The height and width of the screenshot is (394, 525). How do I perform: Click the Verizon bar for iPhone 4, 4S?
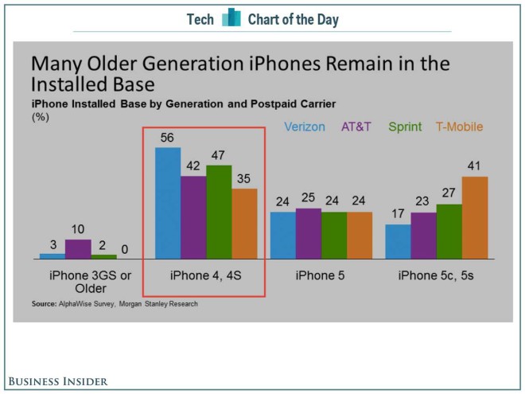[x=167, y=203]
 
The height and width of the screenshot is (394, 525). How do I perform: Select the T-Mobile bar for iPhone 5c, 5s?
[x=474, y=217]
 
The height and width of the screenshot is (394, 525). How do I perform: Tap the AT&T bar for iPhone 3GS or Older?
[x=78, y=249]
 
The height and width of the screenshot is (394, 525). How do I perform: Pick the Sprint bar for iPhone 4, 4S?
[x=219, y=212]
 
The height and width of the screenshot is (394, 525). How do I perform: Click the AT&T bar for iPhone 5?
[x=309, y=234]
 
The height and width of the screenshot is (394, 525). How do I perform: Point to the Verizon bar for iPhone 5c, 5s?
[x=399, y=241]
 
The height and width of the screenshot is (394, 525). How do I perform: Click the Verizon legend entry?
[x=305, y=127]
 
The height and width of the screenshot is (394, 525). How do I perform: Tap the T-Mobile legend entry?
[x=459, y=127]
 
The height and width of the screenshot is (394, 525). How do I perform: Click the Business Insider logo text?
[x=58, y=382]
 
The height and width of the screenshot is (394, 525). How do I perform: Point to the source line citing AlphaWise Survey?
[x=115, y=303]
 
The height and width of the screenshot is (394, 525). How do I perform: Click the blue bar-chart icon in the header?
[x=231, y=18]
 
